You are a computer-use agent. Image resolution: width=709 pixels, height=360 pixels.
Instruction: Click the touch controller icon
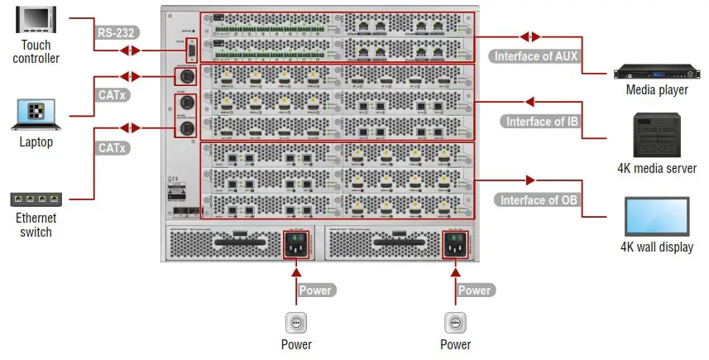coord(36,19)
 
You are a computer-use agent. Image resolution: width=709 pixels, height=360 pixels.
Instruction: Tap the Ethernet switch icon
coord(36,199)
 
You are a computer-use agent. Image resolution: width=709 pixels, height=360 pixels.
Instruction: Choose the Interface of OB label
coord(534,199)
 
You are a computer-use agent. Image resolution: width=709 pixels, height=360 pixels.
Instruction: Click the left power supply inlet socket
coord(295,243)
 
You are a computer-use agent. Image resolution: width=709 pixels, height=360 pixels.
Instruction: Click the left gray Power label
coord(315,290)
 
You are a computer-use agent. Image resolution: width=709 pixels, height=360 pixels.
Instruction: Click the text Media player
coord(657,89)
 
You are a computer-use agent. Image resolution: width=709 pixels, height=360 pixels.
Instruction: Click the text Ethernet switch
coord(36,226)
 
